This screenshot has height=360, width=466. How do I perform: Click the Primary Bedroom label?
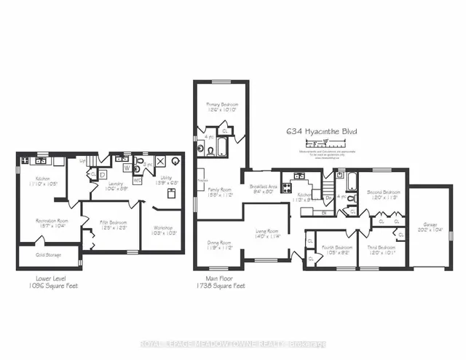click(221, 105)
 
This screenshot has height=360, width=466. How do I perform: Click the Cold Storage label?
click(48, 255)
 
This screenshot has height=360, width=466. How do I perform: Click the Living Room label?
click(267, 232)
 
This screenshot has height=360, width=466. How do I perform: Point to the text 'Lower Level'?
click(49, 278)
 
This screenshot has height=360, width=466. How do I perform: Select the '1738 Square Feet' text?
click(220, 286)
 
